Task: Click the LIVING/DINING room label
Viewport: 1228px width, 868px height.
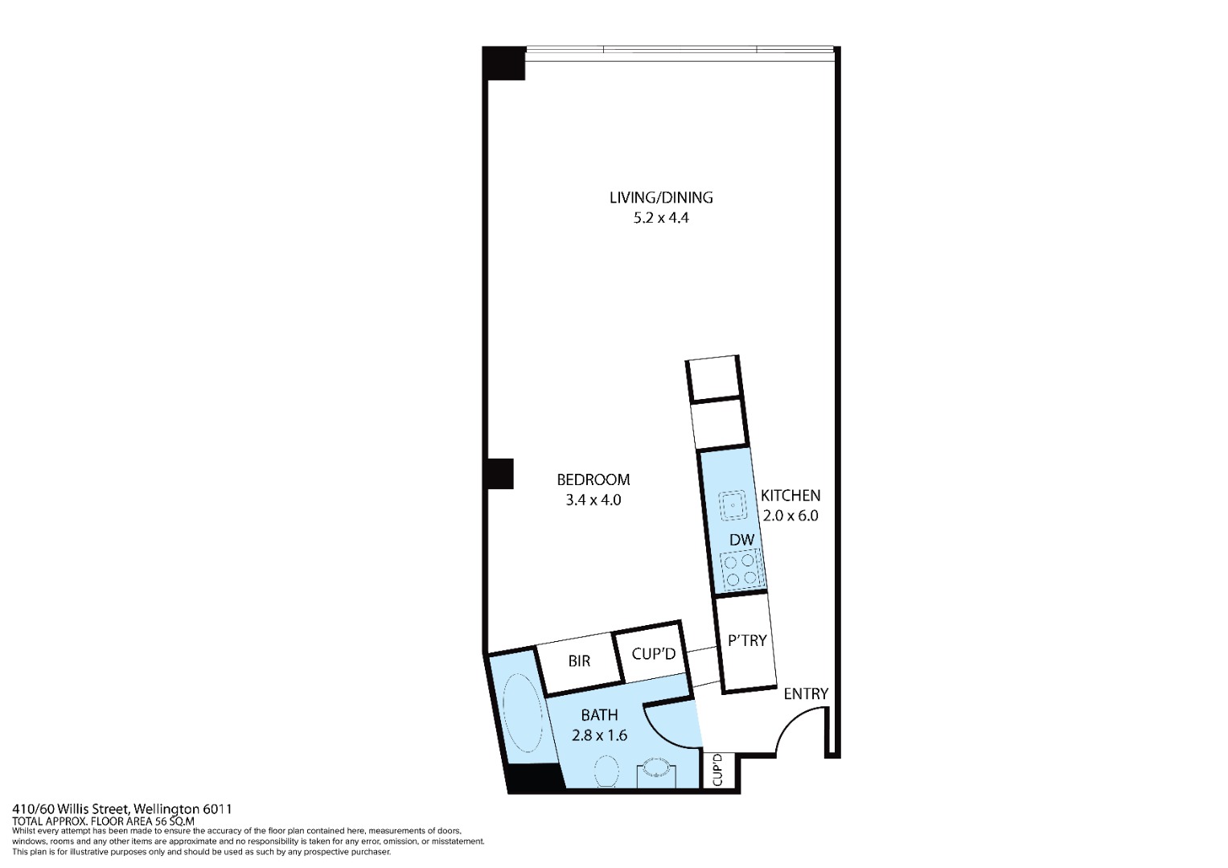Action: (661, 197)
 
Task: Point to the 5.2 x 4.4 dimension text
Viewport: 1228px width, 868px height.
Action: (661, 218)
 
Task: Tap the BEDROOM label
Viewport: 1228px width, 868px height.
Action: (593, 479)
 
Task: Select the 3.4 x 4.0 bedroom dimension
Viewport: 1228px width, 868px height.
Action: (593, 500)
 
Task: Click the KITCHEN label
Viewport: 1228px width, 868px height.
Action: (791, 496)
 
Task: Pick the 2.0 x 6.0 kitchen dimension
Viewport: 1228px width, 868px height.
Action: (791, 516)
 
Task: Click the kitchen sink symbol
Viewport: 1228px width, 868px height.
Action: (733, 505)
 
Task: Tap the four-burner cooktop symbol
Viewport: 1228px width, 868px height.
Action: (741, 570)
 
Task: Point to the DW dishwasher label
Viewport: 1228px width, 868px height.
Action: (741, 540)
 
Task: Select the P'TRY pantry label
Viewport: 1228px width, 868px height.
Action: (746, 640)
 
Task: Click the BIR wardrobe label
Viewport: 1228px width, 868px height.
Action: (579, 660)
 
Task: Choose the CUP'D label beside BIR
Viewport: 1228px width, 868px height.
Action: (654, 653)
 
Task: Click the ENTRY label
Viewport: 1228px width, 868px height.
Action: (806, 694)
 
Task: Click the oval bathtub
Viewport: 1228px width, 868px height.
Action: (523, 712)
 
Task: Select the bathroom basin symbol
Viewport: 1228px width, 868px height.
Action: (655, 767)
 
